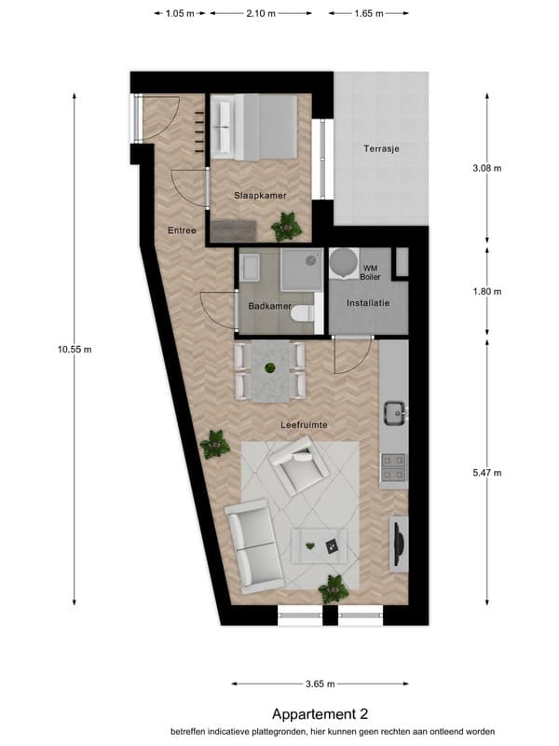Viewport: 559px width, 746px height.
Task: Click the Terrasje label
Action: point(381,148)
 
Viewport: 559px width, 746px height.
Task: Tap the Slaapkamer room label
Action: point(260,196)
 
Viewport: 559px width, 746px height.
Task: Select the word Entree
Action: point(182,230)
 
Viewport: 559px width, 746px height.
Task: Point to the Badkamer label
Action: point(269,307)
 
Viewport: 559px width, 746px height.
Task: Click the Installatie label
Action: point(368,302)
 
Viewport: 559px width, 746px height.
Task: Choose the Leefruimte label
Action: point(305,425)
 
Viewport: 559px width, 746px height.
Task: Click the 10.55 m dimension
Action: point(75,349)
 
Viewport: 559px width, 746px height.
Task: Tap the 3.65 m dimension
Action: point(320,684)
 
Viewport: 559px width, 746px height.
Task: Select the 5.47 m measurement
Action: point(487,473)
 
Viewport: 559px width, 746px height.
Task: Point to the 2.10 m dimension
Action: point(261,13)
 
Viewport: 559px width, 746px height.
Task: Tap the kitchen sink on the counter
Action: point(395,413)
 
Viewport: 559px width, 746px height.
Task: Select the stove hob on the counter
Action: point(394,467)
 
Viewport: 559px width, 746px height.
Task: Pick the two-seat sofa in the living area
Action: point(252,546)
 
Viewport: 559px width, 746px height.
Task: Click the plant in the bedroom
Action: point(287,227)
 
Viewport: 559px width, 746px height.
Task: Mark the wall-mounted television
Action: point(400,544)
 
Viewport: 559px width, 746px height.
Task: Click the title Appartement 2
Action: point(320,713)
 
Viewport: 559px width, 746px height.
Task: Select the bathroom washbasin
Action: point(250,267)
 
